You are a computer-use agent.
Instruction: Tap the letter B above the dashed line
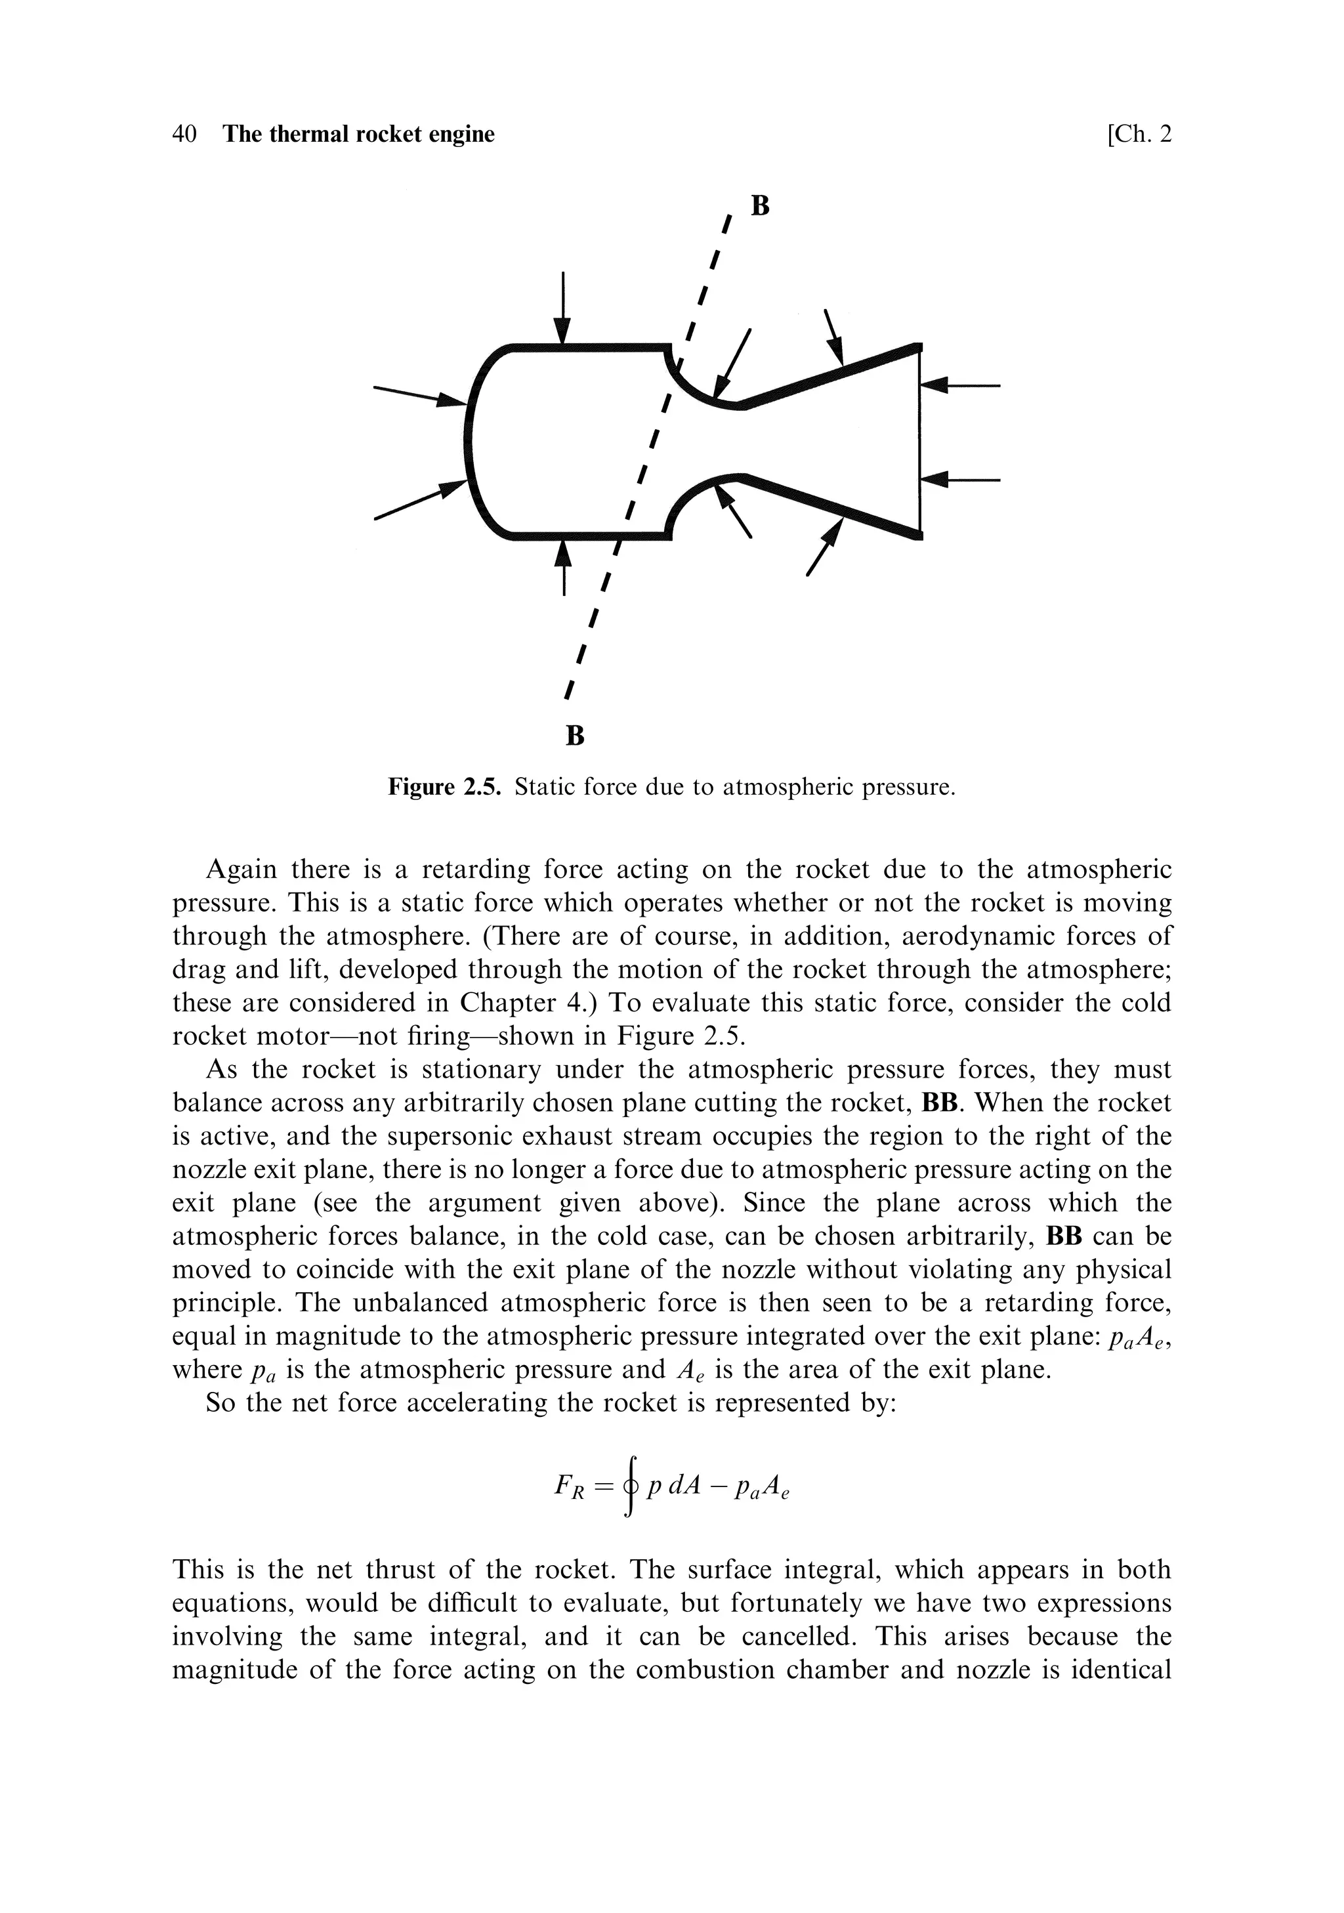tap(759, 206)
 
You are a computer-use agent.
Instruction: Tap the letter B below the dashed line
tap(575, 736)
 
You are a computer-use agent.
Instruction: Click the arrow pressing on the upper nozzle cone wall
tap(834, 337)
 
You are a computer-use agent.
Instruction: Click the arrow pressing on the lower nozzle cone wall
tap(826, 547)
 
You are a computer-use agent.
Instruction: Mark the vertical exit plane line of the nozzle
tap(920, 442)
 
